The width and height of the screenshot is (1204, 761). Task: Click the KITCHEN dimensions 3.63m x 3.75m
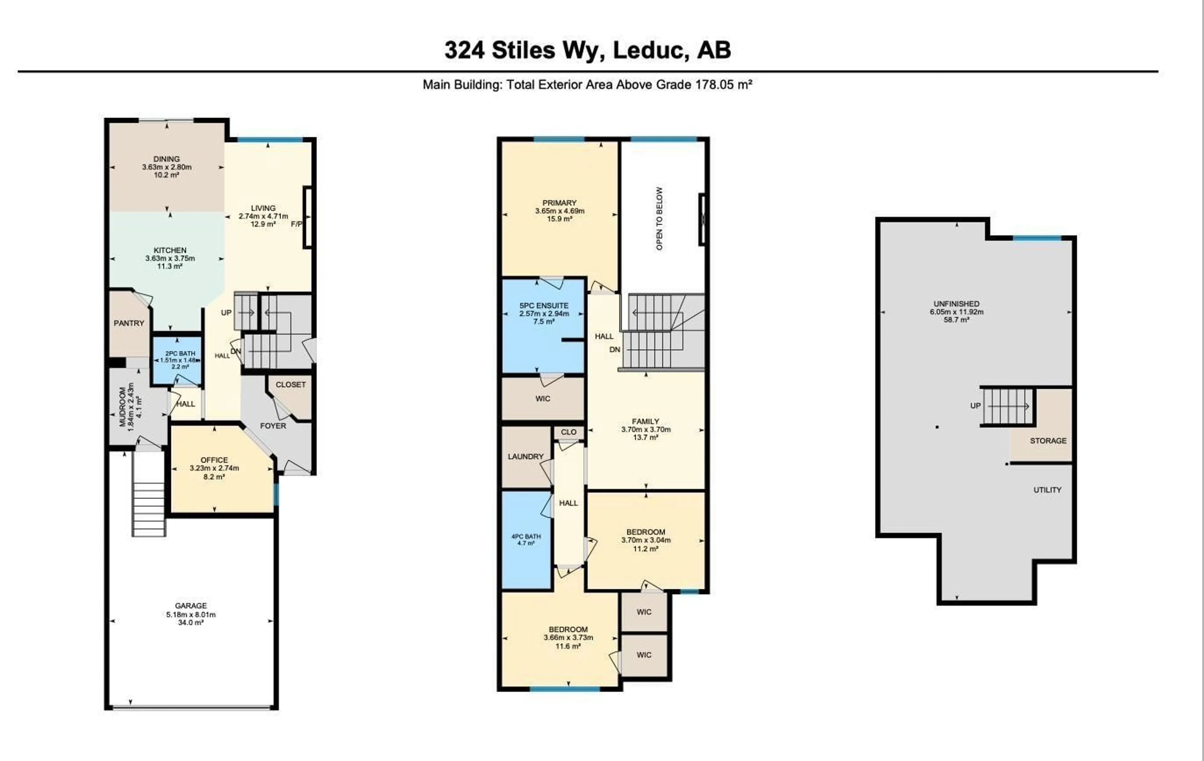pos(170,258)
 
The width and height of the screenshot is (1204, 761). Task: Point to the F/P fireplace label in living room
pos(297,224)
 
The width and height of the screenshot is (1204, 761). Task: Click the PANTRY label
pos(129,323)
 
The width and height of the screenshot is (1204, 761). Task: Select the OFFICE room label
pos(214,460)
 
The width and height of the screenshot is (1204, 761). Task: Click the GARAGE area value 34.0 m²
pos(191,622)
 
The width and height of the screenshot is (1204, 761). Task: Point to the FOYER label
pos(273,426)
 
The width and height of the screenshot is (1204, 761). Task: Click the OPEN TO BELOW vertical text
pos(659,219)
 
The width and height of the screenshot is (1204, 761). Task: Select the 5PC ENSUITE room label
pos(544,305)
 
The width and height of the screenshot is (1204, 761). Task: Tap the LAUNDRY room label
pos(525,456)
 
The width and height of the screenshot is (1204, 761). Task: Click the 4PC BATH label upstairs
pos(526,536)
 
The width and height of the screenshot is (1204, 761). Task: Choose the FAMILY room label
pos(646,421)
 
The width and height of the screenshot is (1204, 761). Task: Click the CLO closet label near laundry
pos(568,432)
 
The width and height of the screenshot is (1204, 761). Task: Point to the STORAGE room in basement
pos(1048,441)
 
